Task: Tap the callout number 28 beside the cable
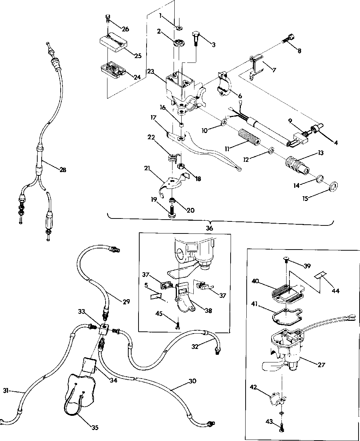[63, 170]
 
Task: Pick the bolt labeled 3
[195, 37]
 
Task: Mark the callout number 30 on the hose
[192, 381]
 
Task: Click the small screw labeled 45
[178, 324]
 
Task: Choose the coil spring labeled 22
[172, 159]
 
